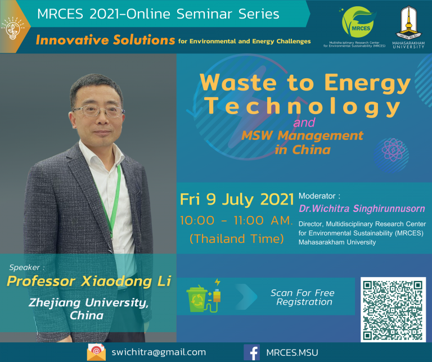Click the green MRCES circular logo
pyautogui.click(x=359, y=22)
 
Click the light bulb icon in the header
pyautogui.click(x=13, y=28)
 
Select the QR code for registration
pyautogui.click(x=393, y=309)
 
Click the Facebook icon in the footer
pyautogui.click(x=251, y=352)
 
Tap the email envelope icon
pyautogui.click(x=96, y=352)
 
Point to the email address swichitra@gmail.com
pyautogui.click(x=159, y=352)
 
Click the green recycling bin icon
pyautogui.click(x=197, y=299)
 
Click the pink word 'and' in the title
pyautogui.click(x=304, y=123)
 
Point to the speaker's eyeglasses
pyautogui.click(x=98, y=111)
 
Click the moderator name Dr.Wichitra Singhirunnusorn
pyautogui.click(x=362, y=209)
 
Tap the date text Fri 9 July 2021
pyautogui.click(x=237, y=199)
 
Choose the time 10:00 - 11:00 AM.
pyautogui.click(x=236, y=220)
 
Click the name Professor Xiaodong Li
pyautogui.click(x=89, y=282)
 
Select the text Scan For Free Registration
pyautogui.click(x=303, y=297)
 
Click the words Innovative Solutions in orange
pyautogui.click(x=105, y=40)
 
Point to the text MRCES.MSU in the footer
pyautogui.click(x=292, y=352)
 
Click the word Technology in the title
pyautogui.click(x=303, y=107)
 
